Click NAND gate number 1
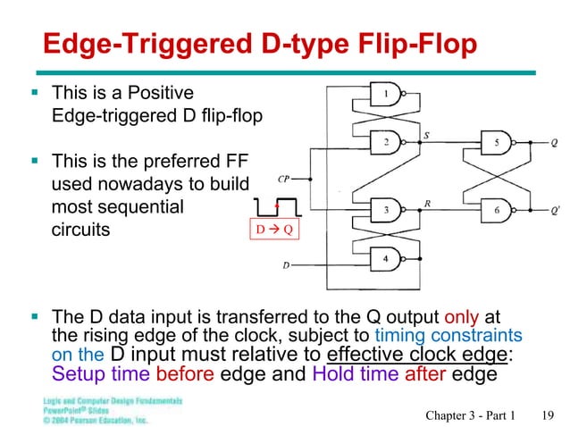[x=386, y=94]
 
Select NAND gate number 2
[x=386, y=140]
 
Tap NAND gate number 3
[x=386, y=211]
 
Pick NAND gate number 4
[x=386, y=259]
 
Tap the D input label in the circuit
[x=286, y=265]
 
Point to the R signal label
[x=429, y=204]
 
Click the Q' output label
[x=556, y=212]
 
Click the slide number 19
[x=549, y=412]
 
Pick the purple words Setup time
[x=93, y=374]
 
